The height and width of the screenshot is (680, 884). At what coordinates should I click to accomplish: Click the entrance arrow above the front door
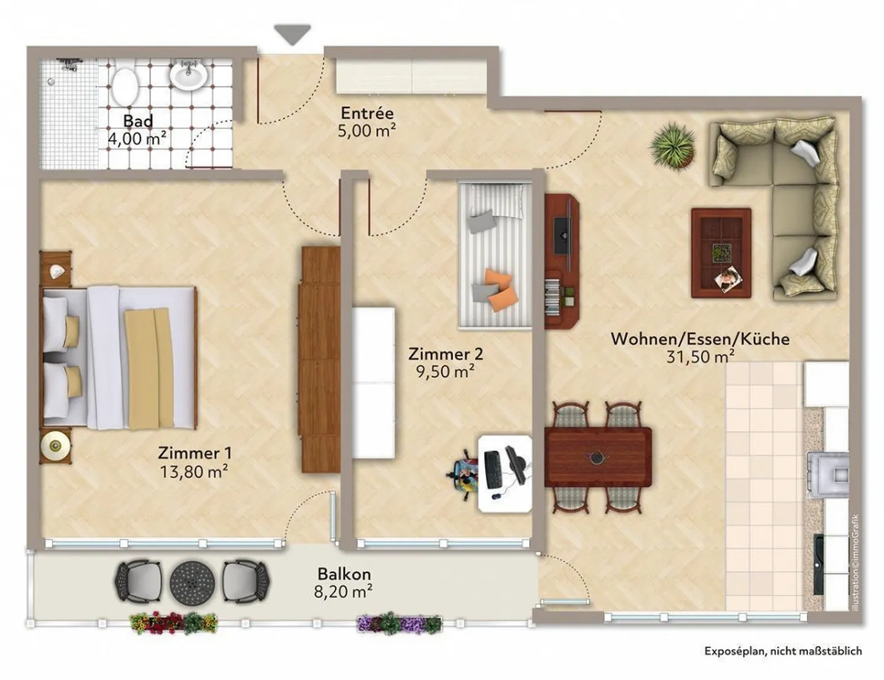point(292,34)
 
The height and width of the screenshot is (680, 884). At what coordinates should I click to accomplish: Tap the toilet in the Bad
point(125,87)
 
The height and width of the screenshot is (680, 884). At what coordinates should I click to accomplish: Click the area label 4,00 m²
point(137,139)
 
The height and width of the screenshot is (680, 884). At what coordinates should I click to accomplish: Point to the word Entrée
point(367,113)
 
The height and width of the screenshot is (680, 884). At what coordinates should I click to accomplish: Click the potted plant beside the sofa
point(673,145)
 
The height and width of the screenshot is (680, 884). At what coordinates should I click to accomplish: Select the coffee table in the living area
point(721,253)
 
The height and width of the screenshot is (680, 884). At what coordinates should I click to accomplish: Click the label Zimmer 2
point(445,354)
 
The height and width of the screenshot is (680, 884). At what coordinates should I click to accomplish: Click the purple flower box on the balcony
point(399,623)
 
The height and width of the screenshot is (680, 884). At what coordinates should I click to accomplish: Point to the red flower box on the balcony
point(174,622)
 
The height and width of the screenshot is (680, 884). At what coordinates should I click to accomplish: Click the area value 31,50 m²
point(700,356)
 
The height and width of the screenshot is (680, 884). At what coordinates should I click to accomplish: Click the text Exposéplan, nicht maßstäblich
point(783,651)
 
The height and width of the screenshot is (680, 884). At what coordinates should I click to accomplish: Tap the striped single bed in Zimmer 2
point(495,256)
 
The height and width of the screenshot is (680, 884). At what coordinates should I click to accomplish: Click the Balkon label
point(344,574)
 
